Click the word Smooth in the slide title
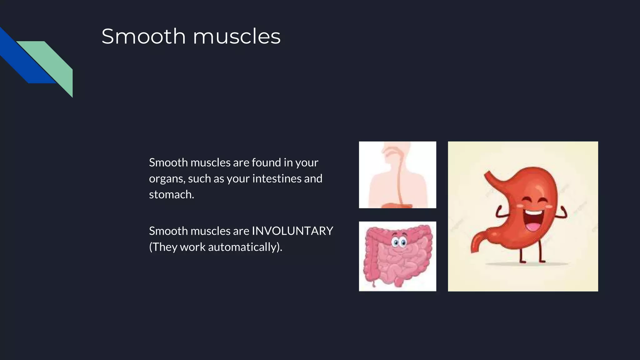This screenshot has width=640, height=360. [x=143, y=36]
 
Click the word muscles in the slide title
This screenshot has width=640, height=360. [x=237, y=36]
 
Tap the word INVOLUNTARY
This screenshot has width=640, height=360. [x=292, y=231]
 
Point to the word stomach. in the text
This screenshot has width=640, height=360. [x=171, y=194]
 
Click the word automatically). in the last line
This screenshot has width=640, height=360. [x=245, y=247]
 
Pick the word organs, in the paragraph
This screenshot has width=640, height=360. [x=167, y=179]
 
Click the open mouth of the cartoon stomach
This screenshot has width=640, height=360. [x=534, y=220]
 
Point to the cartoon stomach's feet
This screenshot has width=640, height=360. [x=531, y=261]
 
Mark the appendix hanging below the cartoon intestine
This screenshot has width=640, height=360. [x=373, y=283]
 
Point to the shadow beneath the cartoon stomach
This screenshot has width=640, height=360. [x=528, y=264]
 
